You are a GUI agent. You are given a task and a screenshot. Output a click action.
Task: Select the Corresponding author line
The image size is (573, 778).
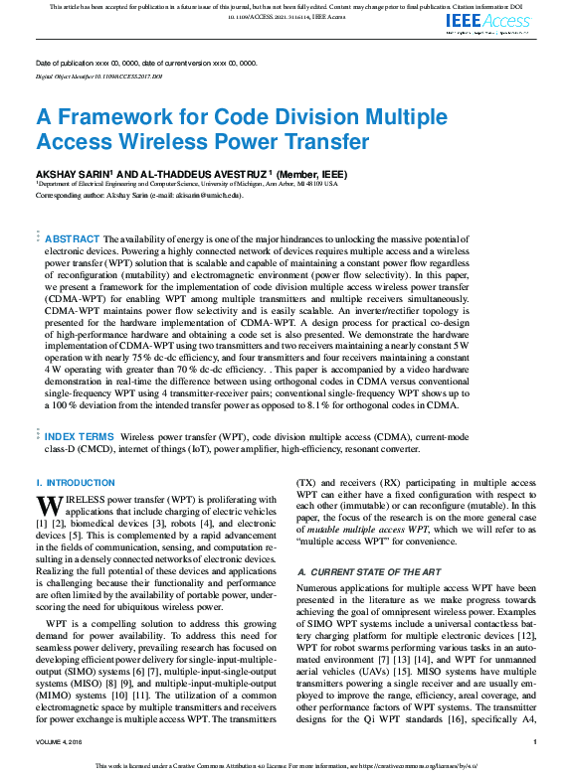click(138, 196)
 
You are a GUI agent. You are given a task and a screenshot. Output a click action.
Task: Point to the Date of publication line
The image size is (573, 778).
click(145, 63)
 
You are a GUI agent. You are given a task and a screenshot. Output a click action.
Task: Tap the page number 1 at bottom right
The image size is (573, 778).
click(535, 741)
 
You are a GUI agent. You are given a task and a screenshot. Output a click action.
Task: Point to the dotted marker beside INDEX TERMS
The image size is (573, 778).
click(39, 435)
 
